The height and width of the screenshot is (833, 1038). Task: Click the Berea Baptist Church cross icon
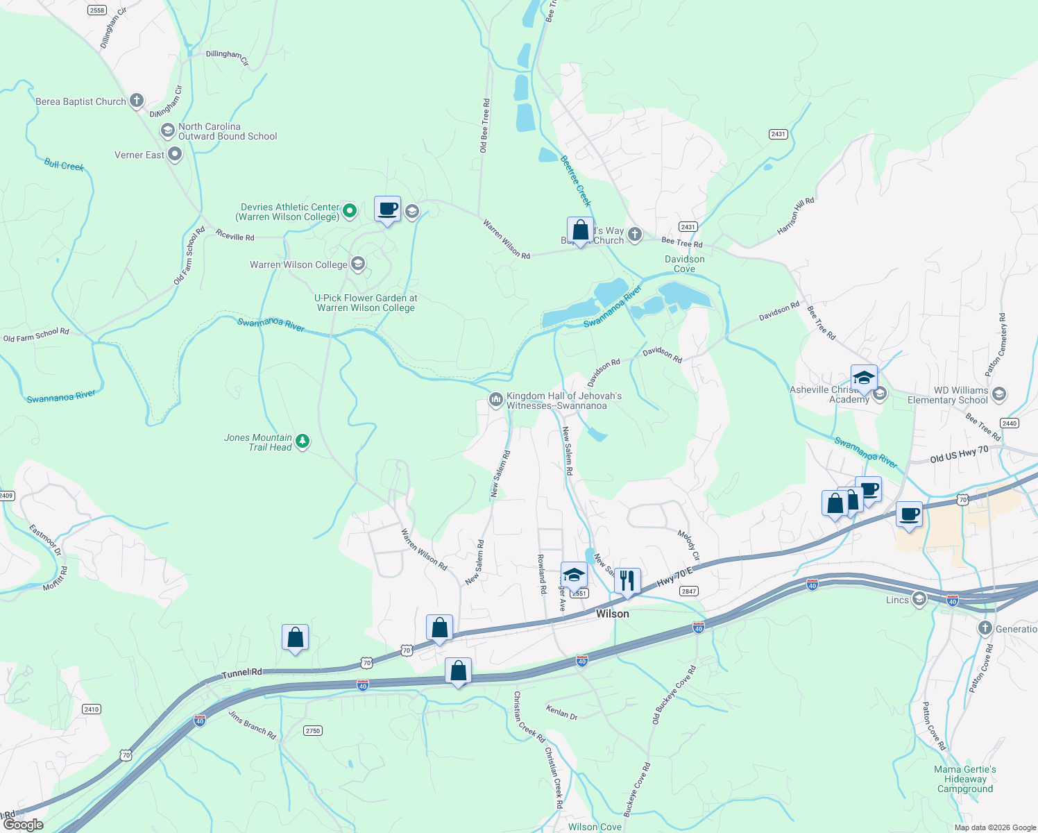(137, 101)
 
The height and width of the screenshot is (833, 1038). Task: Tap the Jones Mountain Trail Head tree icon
(302, 441)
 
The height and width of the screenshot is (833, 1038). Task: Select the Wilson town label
(613, 614)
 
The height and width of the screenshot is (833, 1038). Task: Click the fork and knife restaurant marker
(627, 580)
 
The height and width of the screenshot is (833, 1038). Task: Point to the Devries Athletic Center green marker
(350, 210)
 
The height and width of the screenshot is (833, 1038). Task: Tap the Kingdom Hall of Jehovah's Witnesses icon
(495, 400)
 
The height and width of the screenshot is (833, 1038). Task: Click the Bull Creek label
(64, 165)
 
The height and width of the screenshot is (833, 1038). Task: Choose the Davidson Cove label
(685, 264)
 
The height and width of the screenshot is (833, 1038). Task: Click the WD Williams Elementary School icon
(999, 394)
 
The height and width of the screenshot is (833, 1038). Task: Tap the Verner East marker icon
(175, 155)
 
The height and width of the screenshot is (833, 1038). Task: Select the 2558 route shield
(97, 10)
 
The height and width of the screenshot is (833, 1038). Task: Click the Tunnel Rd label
(242, 673)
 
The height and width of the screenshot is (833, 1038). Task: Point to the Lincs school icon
(919, 599)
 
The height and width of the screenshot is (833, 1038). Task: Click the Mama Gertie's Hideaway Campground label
(965, 779)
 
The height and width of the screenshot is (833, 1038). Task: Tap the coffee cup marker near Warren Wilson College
(388, 208)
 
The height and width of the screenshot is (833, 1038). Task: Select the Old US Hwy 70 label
(959, 455)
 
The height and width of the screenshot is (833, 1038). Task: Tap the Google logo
(23, 825)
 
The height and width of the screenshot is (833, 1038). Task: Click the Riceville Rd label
(235, 236)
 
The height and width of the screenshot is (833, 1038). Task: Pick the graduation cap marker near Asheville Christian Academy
(864, 378)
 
